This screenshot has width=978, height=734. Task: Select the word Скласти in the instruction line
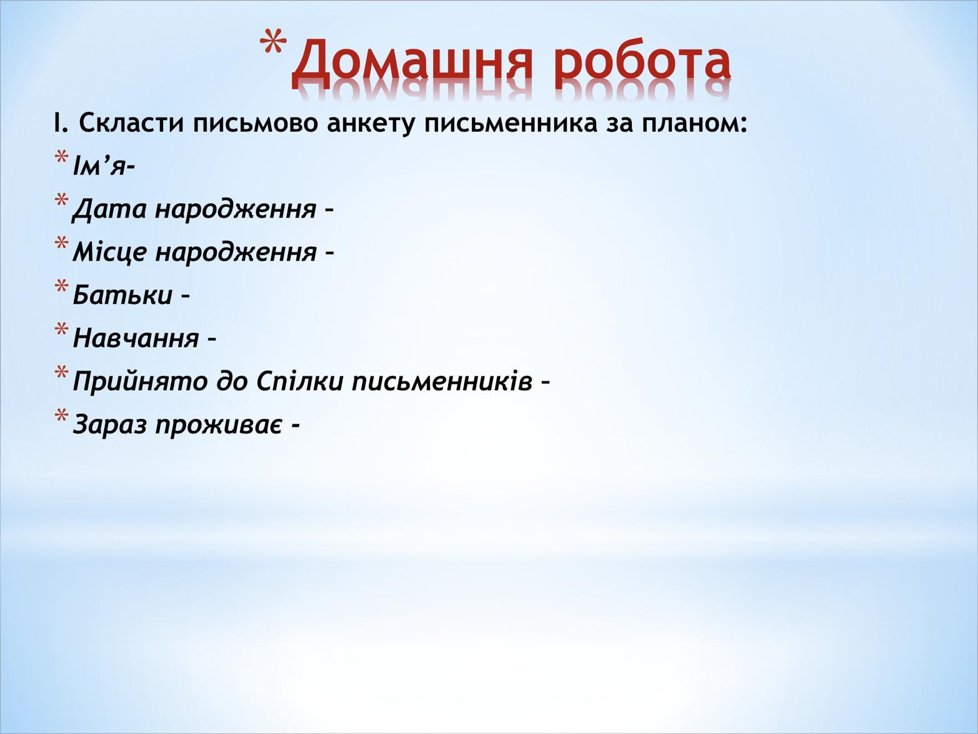(132, 123)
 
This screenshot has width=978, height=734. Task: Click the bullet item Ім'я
(103, 165)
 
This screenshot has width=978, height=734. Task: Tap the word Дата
(109, 209)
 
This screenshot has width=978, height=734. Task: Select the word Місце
(109, 252)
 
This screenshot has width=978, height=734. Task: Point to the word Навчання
(136, 338)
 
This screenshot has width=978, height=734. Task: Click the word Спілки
(300, 381)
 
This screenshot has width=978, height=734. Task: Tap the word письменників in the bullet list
(442, 381)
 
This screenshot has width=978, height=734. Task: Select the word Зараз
(109, 425)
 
